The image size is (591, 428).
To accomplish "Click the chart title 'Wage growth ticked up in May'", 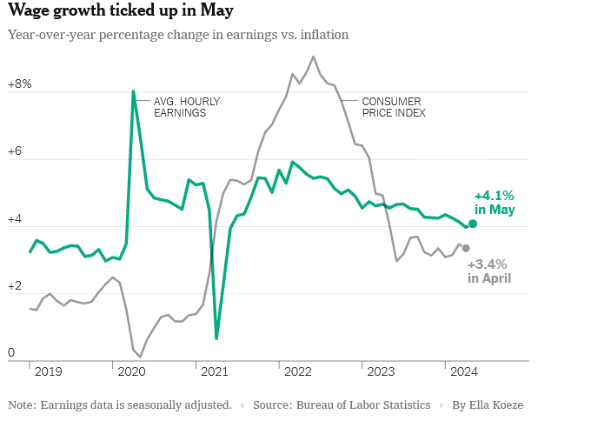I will click(x=121, y=11).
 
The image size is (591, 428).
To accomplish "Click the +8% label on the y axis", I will click(x=19, y=84).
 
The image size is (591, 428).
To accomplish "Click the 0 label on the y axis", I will click(x=11, y=352).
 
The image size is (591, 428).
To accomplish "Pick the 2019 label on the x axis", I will click(x=50, y=371).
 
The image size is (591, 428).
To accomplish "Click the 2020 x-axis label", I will click(x=132, y=371).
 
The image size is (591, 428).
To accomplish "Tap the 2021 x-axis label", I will click(x=215, y=371).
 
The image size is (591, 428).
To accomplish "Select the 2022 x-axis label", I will click(x=298, y=371).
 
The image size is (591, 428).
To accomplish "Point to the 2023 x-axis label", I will click(x=381, y=371).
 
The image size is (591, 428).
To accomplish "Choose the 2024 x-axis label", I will click(x=464, y=371).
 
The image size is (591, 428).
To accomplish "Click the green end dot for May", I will click(x=473, y=224).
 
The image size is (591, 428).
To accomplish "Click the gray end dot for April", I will click(x=466, y=248).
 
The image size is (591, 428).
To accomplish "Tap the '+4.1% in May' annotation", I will click(x=495, y=203).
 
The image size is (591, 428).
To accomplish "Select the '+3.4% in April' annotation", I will click(x=488, y=271).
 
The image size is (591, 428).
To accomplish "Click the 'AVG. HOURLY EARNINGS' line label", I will click(x=186, y=107).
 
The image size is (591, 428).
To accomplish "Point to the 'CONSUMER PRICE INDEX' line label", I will click(x=394, y=107).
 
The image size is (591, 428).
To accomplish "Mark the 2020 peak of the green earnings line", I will click(x=133, y=90).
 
